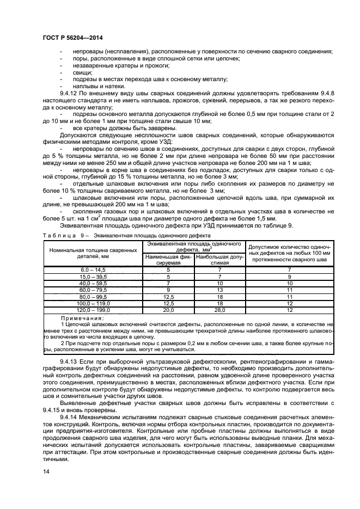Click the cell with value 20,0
pos(168,309)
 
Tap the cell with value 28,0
pos(219,309)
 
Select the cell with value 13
pos(219,290)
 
